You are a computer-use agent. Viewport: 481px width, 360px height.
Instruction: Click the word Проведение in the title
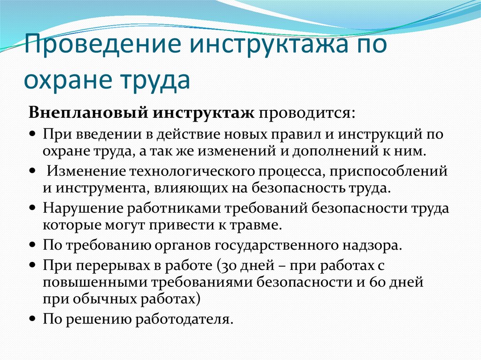click(x=103, y=44)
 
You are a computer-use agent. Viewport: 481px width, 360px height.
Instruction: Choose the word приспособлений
click(x=388, y=172)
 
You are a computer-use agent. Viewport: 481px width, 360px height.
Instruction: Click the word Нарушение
click(x=83, y=208)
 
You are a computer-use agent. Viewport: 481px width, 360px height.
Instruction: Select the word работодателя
click(x=184, y=319)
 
